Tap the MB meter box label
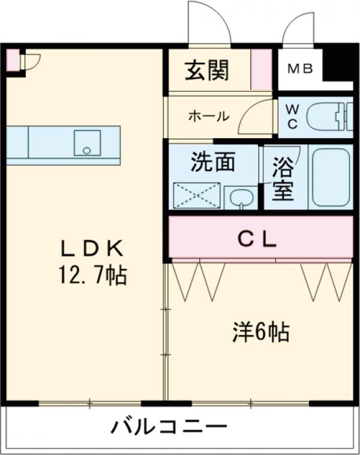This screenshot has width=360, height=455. click(x=299, y=69)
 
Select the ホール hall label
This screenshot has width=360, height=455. click(x=208, y=116)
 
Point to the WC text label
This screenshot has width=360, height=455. click(x=292, y=116)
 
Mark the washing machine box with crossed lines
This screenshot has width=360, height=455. click(x=197, y=196)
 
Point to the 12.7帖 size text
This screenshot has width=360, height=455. click(x=91, y=276)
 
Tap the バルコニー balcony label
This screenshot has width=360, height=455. click(x=169, y=428)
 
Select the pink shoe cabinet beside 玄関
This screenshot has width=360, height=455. click(x=260, y=69)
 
